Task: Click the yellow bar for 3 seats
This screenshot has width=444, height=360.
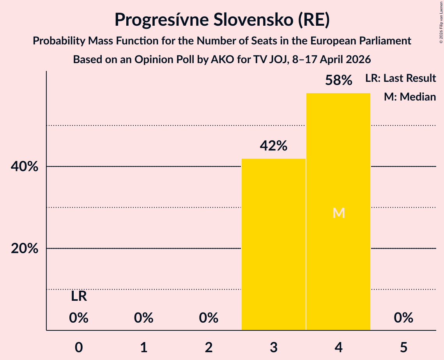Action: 274,244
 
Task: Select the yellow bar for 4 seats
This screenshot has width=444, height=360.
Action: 338,212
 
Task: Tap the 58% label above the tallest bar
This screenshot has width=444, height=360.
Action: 339,80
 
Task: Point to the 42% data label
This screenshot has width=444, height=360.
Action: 274,146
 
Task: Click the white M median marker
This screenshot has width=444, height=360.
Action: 339,213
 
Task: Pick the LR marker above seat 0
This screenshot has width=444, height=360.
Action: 79,296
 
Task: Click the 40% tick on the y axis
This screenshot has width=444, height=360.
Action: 24,166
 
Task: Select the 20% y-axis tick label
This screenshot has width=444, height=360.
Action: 24,249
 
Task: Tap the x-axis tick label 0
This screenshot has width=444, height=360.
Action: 79,347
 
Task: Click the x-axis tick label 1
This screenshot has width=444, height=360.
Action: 144,347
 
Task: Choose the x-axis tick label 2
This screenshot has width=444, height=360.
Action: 209,347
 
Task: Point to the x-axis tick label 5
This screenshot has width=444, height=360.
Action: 403,347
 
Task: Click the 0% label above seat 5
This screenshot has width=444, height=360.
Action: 403,318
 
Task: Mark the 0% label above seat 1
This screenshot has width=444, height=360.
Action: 144,318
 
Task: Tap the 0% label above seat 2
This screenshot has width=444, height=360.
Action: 209,318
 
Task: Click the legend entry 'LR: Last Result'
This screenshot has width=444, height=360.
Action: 400,78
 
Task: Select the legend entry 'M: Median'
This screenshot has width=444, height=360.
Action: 410,97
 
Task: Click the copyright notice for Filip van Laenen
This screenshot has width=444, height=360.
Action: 441,22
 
